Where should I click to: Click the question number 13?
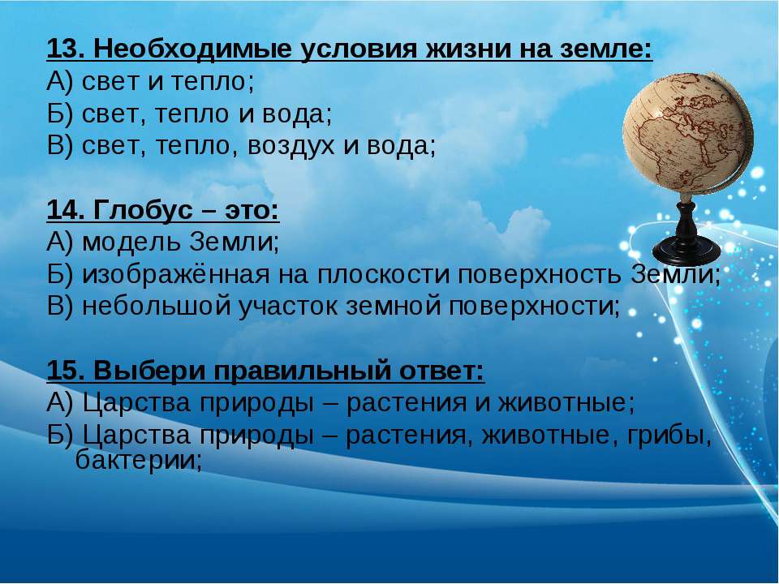pos(66,49)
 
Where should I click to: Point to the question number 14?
pos(66,210)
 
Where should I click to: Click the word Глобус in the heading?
pos(143,211)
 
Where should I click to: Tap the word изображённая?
pos(176,275)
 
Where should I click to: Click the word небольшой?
pos(156,307)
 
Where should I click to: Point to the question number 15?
pos(66,371)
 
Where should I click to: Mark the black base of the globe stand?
pos(686,251)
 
